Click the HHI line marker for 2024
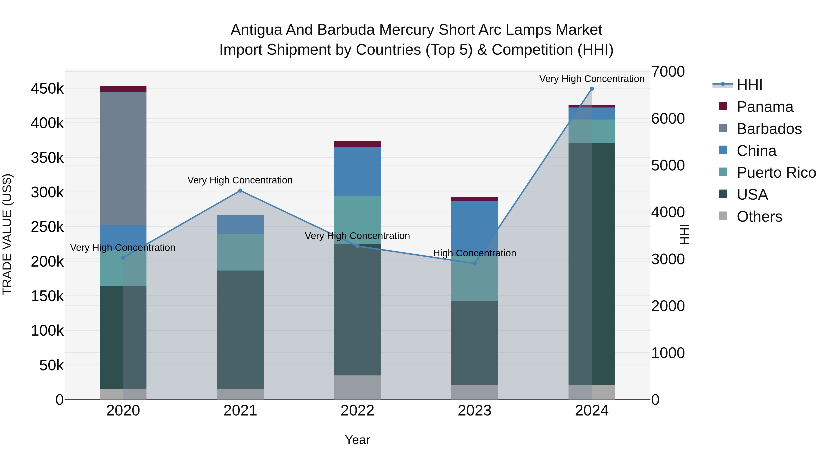(592, 89)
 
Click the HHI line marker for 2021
(240, 191)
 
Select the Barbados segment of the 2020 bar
(123, 159)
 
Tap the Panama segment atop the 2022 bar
(357, 144)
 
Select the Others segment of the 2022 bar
(357, 387)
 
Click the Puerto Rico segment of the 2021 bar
(240, 252)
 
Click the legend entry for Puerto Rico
(776, 173)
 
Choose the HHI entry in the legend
(749, 85)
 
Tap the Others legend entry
(759, 217)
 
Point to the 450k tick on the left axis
(47, 89)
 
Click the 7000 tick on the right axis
(668, 72)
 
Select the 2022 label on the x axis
(357, 411)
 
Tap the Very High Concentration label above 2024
(592, 79)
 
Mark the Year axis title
(357, 440)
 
